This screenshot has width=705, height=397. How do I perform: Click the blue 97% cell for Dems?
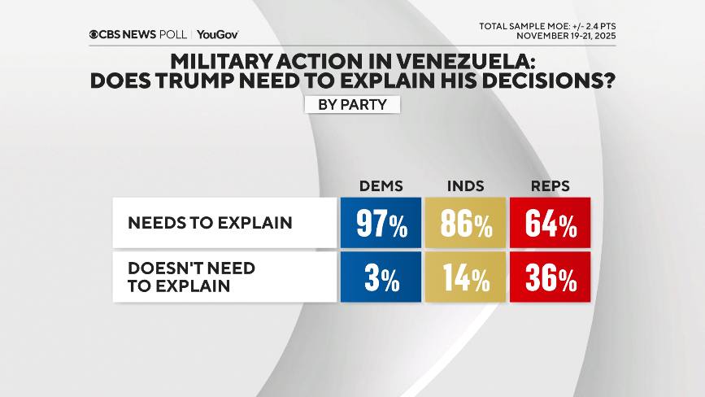(x=381, y=222)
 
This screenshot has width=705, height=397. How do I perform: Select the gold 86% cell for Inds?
(x=466, y=222)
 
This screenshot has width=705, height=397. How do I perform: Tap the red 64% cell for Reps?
(x=550, y=222)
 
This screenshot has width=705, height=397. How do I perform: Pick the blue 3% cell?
(x=381, y=277)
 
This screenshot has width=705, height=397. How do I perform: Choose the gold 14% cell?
(x=466, y=277)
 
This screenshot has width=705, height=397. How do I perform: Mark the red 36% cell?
(x=550, y=277)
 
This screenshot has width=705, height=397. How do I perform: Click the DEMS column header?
(x=381, y=186)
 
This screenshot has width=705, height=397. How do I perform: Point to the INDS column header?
(x=466, y=186)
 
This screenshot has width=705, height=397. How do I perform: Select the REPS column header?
(x=551, y=186)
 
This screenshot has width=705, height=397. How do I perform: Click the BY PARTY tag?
(x=352, y=105)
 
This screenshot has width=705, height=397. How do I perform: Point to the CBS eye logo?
(x=95, y=35)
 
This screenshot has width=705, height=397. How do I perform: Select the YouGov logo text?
(x=217, y=35)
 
